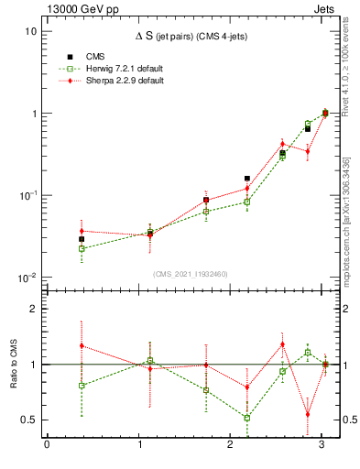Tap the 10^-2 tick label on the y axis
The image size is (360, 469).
tap(27, 278)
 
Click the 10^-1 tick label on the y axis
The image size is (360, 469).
tap(27, 196)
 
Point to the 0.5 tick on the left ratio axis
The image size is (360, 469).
tap(29, 420)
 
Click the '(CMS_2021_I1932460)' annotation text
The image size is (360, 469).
tap(190, 272)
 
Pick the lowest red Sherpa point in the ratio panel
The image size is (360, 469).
tap(308, 414)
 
